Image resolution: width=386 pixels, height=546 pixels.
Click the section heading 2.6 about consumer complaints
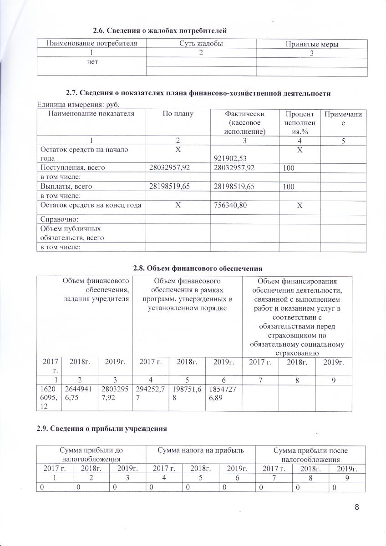[159, 30]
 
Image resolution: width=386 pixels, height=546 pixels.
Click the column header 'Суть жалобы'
[200, 43]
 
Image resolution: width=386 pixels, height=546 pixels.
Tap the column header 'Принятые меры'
[312, 44]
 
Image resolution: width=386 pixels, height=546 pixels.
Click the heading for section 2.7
[198, 93]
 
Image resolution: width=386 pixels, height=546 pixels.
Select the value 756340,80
[230, 205]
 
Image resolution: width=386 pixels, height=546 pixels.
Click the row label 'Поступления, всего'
[73, 167]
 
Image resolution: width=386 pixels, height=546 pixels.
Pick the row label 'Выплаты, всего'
[66, 186]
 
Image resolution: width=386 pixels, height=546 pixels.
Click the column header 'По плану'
[177, 114]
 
